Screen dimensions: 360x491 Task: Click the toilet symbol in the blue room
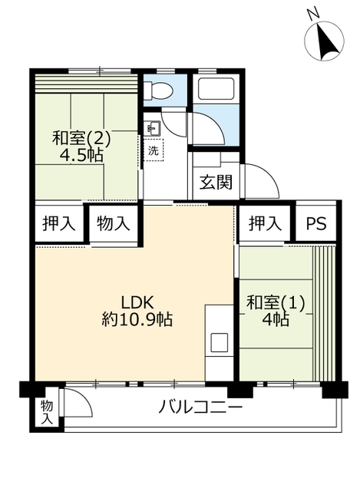click(x=160, y=91)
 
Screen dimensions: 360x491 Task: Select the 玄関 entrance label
click(x=216, y=182)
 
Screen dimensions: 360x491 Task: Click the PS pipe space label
click(x=315, y=223)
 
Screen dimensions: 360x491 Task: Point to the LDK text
click(x=137, y=303)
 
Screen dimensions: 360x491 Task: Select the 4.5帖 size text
click(x=81, y=154)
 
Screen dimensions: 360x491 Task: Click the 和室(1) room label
click(x=276, y=304)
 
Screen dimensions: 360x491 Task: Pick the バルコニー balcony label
click(x=200, y=407)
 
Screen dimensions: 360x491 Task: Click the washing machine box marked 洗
click(x=154, y=150)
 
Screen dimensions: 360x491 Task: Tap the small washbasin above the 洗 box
click(x=154, y=129)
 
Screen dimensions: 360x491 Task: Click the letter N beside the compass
click(x=312, y=14)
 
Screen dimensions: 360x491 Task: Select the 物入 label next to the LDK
click(x=114, y=224)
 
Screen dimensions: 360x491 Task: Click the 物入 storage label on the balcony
click(x=47, y=413)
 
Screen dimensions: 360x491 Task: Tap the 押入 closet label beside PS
click(x=265, y=223)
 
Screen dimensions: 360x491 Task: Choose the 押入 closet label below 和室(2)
click(x=59, y=223)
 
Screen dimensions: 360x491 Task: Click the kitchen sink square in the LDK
click(x=219, y=342)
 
